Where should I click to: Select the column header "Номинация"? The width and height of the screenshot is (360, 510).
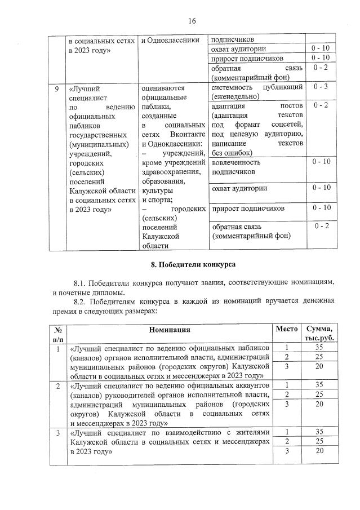(169, 330)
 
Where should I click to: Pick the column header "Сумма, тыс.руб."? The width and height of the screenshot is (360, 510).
(319, 334)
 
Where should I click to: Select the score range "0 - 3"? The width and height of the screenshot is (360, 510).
(321, 87)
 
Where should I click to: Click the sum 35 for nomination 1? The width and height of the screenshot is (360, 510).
(319, 348)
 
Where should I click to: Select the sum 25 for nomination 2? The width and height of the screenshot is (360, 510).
(319, 394)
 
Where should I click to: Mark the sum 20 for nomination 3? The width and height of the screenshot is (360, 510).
(319, 451)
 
